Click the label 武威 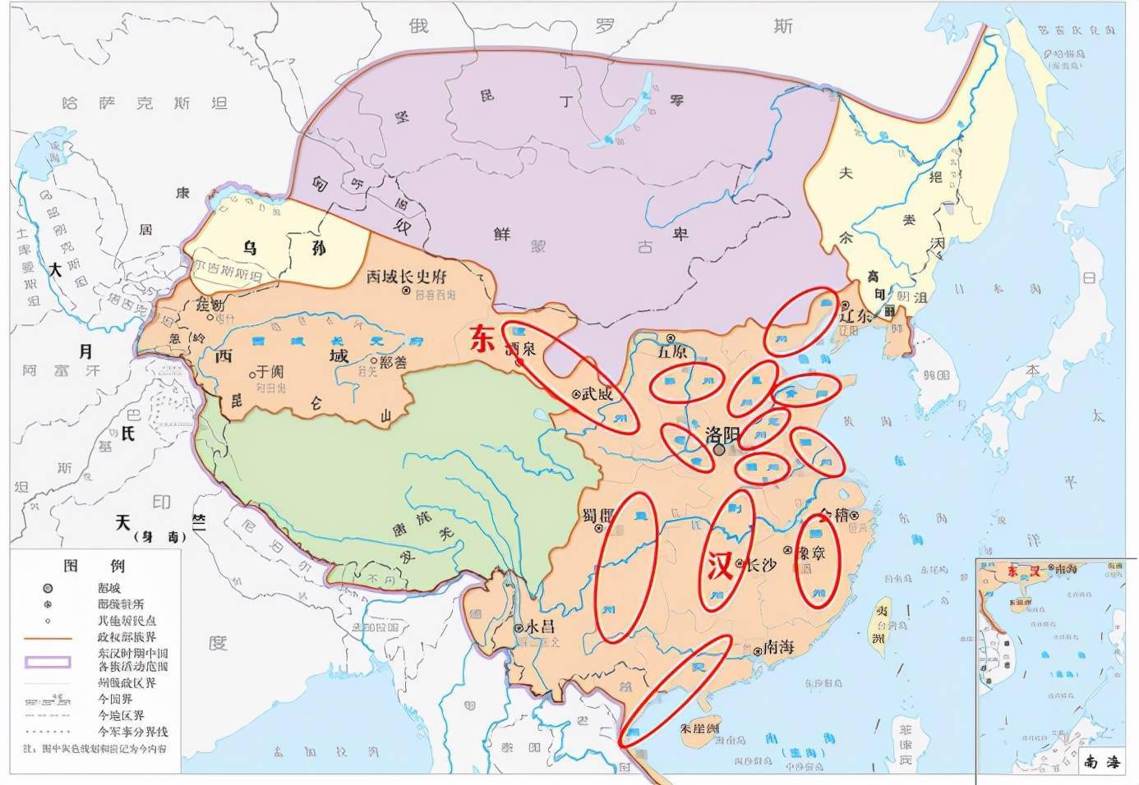click(x=597, y=393)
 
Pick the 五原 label click(x=672, y=351)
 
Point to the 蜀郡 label click(x=598, y=515)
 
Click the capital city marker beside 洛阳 click(x=720, y=450)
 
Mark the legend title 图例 click(x=95, y=567)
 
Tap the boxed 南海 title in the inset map click(x=1101, y=762)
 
